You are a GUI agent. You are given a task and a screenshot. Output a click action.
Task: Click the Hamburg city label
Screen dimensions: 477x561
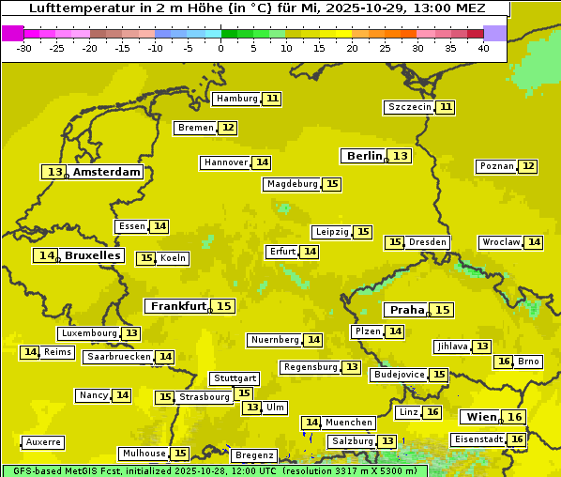point(236,99)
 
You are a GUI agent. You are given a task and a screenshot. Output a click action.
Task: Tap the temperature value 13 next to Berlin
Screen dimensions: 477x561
point(401,156)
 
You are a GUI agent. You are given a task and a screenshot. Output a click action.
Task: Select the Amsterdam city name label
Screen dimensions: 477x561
point(107,172)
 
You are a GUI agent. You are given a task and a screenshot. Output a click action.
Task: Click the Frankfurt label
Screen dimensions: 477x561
point(178,306)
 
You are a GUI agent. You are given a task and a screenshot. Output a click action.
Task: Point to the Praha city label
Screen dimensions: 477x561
point(407,310)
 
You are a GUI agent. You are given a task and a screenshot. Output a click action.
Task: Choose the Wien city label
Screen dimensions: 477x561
point(481,417)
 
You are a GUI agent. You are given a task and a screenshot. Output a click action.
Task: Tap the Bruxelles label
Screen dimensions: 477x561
point(92,255)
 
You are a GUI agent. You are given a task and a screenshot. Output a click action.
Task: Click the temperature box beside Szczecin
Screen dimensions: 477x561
point(446,107)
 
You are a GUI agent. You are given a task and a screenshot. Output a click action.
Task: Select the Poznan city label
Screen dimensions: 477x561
point(496,166)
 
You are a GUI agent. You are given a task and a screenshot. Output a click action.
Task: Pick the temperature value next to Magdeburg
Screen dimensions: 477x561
point(332,184)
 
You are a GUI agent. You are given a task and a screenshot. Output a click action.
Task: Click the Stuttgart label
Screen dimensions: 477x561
point(234,378)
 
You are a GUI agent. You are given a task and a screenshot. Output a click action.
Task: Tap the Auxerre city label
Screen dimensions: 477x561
point(44,441)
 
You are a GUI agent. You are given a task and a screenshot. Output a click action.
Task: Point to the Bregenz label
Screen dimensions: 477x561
point(254,455)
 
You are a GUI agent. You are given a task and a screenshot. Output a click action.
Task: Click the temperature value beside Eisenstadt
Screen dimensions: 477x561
point(517,439)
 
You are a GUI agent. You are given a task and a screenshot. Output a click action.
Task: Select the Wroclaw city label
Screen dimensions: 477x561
point(500,242)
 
